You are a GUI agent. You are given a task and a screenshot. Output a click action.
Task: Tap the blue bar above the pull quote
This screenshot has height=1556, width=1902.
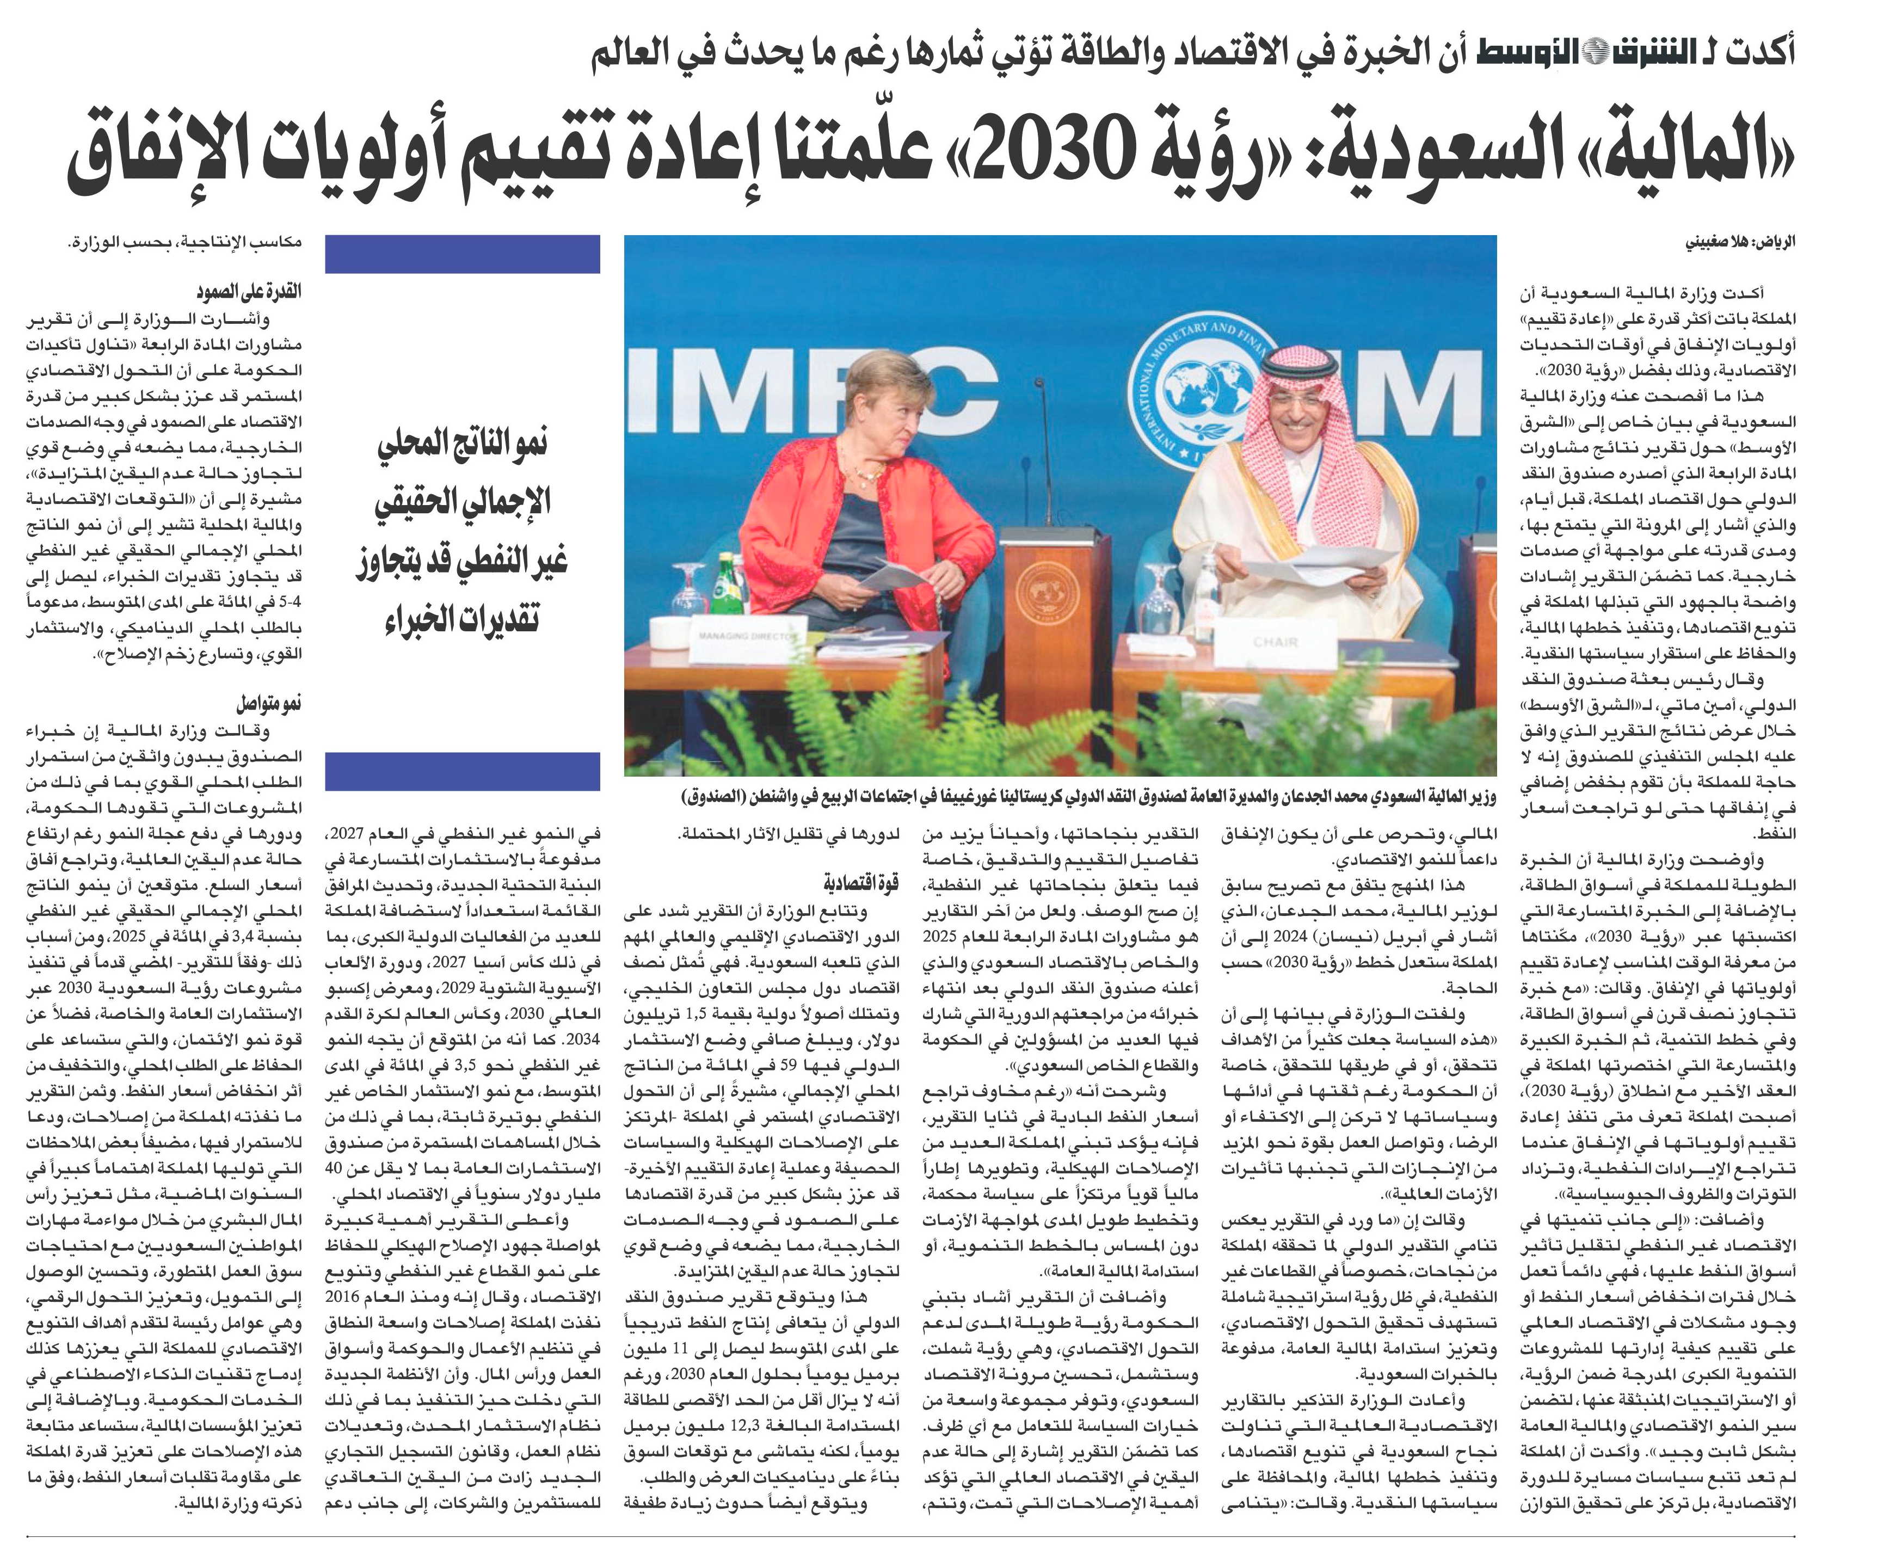pyautogui.click(x=463, y=254)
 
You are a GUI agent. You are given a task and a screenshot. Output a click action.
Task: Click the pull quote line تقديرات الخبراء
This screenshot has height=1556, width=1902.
pyautogui.click(x=463, y=618)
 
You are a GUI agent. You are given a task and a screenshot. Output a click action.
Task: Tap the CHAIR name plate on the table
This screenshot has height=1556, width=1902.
pyautogui.click(x=1273, y=642)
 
